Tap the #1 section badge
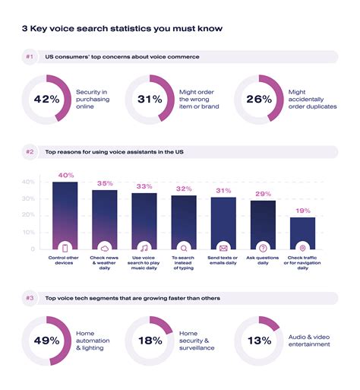tap(30, 57)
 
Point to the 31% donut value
tap(149, 100)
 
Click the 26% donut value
tap(257, 100)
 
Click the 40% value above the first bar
tap(65, 175)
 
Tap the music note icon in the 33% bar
tap(144, 248)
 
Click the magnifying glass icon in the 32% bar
tap(184, 248)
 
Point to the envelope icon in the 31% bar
tap(223, 248)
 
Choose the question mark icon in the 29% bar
tap(263, 248)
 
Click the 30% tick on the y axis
tap(27, 199)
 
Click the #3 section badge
tap(30, 298)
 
